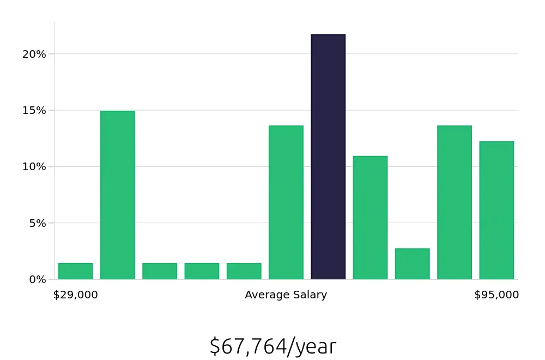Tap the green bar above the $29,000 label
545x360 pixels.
(75, 271)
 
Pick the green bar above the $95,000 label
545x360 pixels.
(496, 211)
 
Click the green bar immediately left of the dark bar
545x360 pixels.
(286, 202)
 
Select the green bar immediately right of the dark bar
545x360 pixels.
(370, 218)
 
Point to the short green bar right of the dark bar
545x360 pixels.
(413, 264)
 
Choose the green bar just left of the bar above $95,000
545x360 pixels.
(455, 202)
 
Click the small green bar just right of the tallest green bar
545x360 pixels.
(160, 271)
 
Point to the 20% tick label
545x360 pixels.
(34, 54)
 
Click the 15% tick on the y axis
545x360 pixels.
(34, 110)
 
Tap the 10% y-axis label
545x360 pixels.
(34, 166)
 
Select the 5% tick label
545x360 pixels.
(37, 223)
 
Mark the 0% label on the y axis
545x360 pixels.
(37, 279)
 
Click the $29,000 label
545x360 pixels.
(75, 295)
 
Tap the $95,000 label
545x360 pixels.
(496, 295)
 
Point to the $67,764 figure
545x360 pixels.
(248, 346)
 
